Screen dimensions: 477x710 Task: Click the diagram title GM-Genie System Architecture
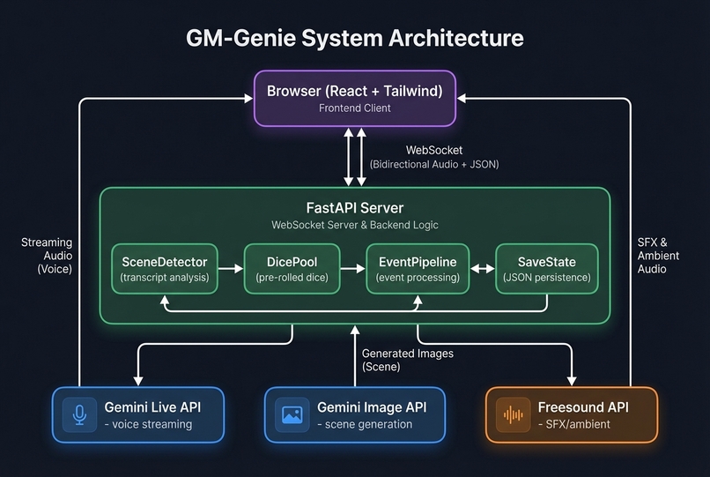(355, 39)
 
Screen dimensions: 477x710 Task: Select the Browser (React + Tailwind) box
(355, 98)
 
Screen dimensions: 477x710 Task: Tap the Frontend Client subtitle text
(355, 108)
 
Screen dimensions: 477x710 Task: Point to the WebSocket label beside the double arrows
(434, 151)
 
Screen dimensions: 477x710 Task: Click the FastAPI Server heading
(355, 208)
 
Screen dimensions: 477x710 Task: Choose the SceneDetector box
(165, 269)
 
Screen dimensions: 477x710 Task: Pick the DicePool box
(292, 269)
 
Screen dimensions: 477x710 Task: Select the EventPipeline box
(418, 269)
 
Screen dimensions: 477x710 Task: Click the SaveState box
(547, 269)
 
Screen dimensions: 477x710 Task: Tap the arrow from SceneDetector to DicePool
(229, 269)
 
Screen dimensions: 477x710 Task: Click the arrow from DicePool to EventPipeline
(354, 269)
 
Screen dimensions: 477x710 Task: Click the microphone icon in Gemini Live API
(80, 414)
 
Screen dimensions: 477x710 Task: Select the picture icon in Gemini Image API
(292, 414)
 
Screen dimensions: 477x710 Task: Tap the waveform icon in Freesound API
(513, 414)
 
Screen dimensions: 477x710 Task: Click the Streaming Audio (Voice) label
(47, 256)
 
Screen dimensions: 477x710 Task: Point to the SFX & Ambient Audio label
(659, 256)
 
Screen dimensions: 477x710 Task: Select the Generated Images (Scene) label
(407, 360)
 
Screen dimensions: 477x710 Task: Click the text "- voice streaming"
(147, 424)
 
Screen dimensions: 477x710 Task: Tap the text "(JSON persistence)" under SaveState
(547, 278)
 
